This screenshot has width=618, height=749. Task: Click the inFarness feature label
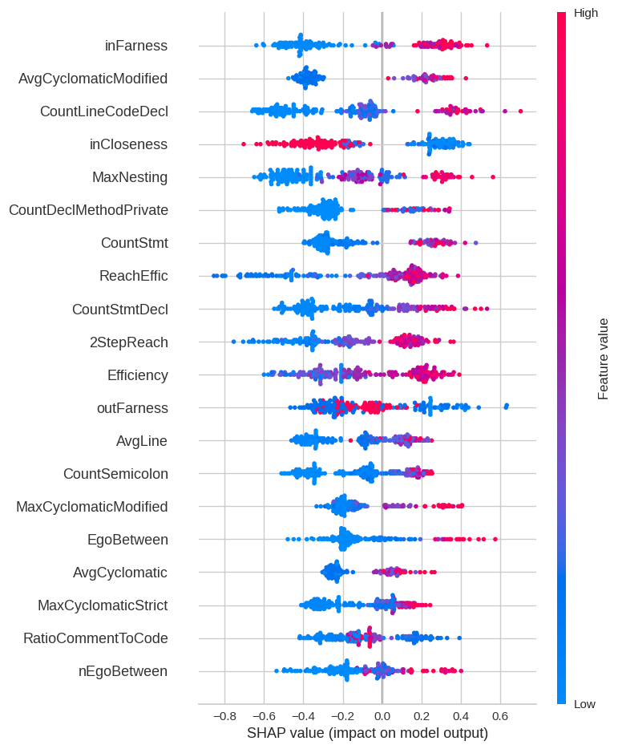136,46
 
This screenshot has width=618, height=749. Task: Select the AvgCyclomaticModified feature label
93,79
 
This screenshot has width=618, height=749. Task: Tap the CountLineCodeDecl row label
104,111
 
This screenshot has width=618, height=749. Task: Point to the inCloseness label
128,144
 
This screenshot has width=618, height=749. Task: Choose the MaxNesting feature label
130,177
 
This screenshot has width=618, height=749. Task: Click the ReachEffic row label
133,276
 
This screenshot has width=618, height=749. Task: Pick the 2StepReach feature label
129,342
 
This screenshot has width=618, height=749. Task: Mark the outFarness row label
132,408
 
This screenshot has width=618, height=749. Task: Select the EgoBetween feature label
127,540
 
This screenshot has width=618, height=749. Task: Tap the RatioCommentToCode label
95,638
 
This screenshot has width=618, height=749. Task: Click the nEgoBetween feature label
123,671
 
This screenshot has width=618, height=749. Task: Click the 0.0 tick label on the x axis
382,715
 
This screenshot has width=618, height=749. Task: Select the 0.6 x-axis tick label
499,715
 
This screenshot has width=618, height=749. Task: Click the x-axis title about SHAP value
367,733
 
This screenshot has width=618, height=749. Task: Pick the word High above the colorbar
586,13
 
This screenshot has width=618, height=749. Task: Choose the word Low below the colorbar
584,704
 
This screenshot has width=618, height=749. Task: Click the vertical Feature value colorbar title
604,358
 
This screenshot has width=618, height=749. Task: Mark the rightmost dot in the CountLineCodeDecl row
520,111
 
